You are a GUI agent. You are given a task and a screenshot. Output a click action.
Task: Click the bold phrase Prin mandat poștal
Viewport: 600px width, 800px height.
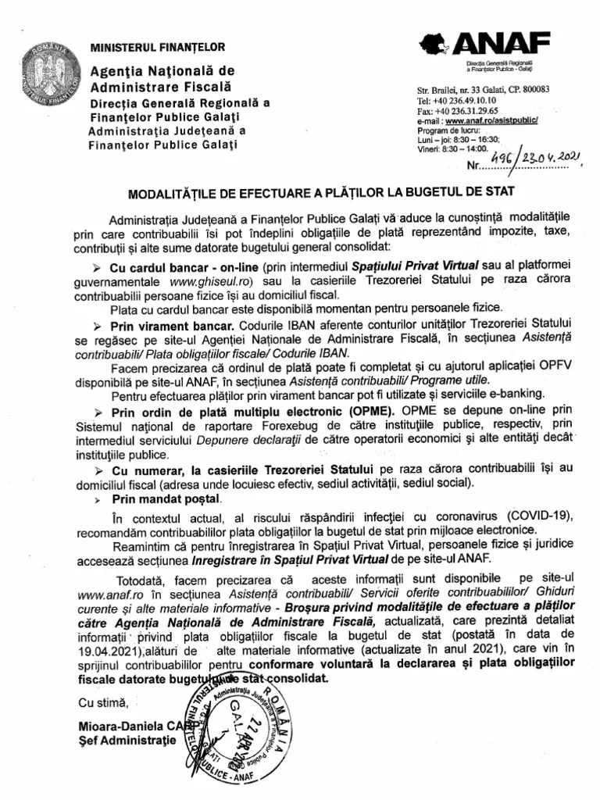(166, 498)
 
